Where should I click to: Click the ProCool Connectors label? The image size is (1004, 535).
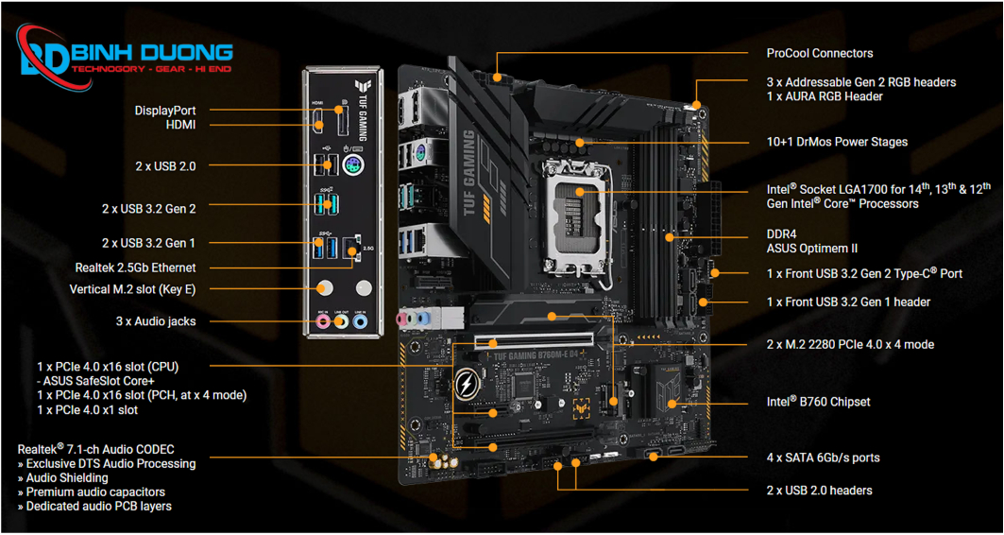[819, 54]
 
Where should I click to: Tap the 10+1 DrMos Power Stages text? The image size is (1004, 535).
[837, 142]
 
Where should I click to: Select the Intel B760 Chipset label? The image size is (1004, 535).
[818, 402]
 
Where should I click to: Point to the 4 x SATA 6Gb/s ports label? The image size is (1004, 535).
[823, 457]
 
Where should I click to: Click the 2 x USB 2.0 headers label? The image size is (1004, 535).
[819, 491]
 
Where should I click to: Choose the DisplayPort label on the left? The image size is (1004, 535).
[165, 111]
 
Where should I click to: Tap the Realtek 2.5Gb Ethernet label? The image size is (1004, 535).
[135, 267]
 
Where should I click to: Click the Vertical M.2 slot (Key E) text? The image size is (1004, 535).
[132, 289]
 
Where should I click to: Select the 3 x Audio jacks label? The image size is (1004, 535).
[156, 321]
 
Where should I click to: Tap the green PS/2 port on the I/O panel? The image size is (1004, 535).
[352, 167]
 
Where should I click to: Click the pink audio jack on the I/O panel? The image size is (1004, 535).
[324, 321]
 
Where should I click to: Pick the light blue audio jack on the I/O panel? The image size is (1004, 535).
[360, 321]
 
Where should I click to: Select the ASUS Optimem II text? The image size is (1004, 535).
[811, 249]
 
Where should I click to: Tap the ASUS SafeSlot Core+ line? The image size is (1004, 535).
[98, 381]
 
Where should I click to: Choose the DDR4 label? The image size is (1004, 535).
[782, 234]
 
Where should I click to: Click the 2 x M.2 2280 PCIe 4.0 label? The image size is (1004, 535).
[850, 345]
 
